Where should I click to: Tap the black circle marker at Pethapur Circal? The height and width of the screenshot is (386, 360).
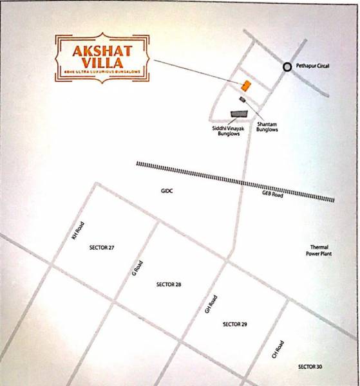(x=286, y=66)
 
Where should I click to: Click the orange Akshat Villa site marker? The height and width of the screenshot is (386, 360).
(x=245, y=86)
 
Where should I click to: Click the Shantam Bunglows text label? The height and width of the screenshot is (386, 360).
(x=267, y=126)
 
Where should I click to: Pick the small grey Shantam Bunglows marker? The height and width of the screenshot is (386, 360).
(x=243, y=99)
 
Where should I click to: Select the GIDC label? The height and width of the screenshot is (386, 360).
(x=168, y=191)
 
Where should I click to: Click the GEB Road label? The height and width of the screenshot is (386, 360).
(x=272, y=194)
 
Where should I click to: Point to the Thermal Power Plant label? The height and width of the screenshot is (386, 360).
(x=320, y=250)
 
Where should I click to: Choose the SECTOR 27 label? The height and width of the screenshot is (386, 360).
(x=104, y=248)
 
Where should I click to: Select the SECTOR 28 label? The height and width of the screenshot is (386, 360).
(x=169, y=284)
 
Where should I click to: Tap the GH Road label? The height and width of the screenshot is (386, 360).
(x=210, y=304)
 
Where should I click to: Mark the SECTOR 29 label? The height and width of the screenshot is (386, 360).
(x=234, y=324)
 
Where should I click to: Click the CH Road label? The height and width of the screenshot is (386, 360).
(x=278, y=350)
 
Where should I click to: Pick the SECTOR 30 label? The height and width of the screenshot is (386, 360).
(x=310, y=366)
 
